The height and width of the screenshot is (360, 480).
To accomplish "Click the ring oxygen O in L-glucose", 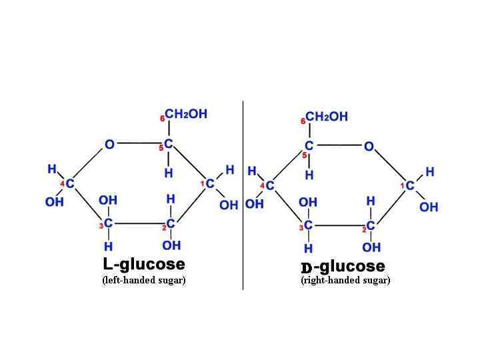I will (x=110, y=145).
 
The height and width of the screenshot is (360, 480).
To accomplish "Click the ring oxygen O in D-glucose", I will (x=369, y=147).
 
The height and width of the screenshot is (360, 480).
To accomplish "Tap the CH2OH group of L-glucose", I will (x=186, y=115).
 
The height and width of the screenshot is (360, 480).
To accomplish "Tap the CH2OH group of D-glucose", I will (x=327, y=117).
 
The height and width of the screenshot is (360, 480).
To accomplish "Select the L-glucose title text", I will (x=143, y=264).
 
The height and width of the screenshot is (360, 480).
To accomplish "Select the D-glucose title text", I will (x=343, y=267).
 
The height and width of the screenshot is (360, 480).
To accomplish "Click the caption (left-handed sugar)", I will (x=143, y=280).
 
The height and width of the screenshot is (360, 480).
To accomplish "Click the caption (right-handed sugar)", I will (x=345, y=280).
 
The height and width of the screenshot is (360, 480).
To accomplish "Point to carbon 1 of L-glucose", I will (x=210, y=183).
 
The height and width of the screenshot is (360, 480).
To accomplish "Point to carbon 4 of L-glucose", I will (x=70, y=183).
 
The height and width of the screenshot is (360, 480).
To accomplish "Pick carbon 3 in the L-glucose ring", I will (x=108, y=223).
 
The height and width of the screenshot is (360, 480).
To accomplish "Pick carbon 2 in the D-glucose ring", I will (x=371, y=226).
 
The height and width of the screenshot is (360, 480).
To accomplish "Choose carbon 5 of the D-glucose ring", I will (x=309, y=146).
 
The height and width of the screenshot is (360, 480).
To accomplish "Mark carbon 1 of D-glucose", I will (x=409, y=185).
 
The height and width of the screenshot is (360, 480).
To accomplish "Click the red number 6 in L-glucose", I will (x=162, y=119).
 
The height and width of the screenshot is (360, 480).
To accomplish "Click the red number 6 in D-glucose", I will (x=303, y=121).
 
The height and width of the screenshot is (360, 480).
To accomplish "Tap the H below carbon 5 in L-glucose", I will (x=169, y=173).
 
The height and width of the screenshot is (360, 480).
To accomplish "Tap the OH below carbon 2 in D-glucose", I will (x=371, y=248).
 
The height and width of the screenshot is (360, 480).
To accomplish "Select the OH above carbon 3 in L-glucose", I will (x=108, y=200).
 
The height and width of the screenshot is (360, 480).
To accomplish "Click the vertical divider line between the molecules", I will (x=243, y=200).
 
